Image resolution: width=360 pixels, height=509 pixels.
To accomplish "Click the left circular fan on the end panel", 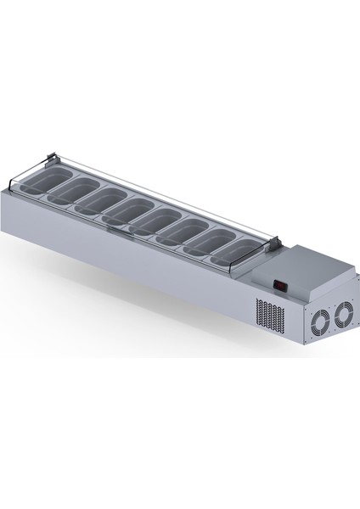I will tap(320, 321).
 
